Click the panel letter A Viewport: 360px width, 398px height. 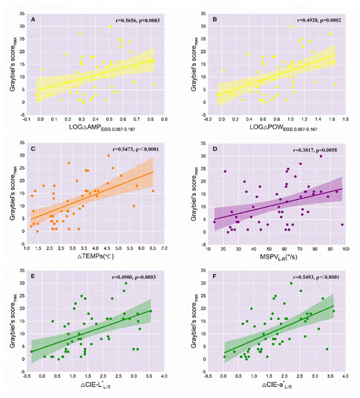[x=33, y=19]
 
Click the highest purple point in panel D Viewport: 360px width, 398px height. [x=321, y=156]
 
